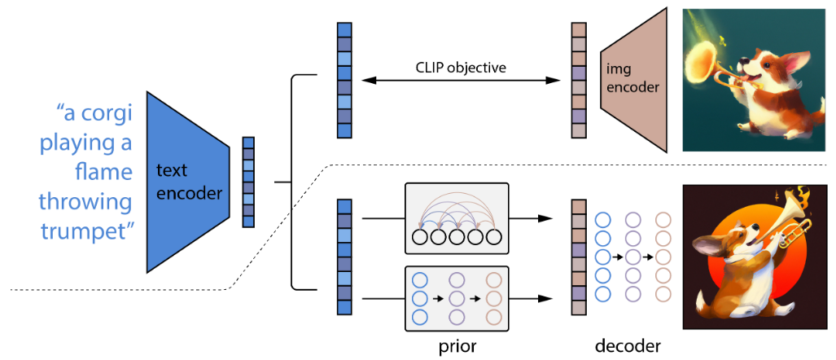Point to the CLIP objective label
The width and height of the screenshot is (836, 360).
coord(461,68)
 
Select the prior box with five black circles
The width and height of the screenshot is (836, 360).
coord(457,218)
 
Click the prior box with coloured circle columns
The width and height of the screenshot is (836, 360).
coord(457,297)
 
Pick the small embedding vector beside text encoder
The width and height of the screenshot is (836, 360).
coord(249,182)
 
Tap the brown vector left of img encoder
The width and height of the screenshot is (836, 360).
coord(579,80)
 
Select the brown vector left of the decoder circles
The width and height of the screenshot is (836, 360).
coord(579,257)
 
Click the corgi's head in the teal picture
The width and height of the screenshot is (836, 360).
coord(769,64)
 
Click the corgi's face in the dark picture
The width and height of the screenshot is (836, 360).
coord(738,244)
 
